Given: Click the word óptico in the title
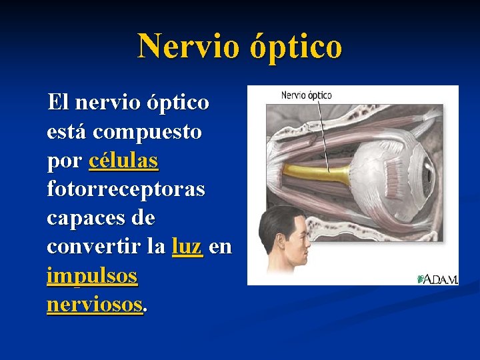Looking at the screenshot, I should (x=296, y=46).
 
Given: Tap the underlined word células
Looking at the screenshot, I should (x=123, y=161).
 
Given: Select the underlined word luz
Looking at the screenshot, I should (x=187, y=247).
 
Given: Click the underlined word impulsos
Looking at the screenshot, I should (x=92, y=275).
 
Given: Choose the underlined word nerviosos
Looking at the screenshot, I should (x=95, y=304).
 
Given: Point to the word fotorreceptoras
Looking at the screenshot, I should (x=126, y=189).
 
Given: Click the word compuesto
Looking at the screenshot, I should (x=147, y=132).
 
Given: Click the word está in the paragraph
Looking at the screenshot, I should (x=67, y=132).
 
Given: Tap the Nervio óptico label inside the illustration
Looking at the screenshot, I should (x=306, y=95).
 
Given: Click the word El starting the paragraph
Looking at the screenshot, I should (x=57, y=103).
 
